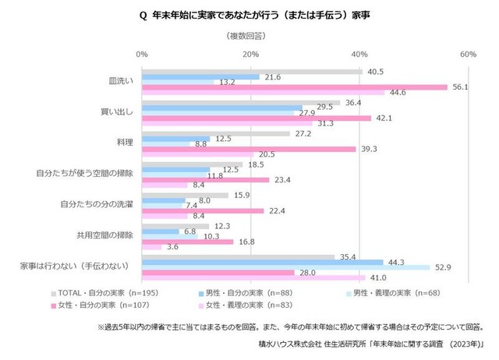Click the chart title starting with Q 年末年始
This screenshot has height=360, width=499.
[249, 14]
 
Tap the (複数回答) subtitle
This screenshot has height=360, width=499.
[249, 37]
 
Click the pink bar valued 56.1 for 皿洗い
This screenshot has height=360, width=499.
[294, 87]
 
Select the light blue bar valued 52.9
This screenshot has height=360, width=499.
[285, 267]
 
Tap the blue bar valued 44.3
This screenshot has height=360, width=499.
[262, 261]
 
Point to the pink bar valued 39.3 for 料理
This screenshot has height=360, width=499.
[249, 149]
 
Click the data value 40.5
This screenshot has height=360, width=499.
[374, 72]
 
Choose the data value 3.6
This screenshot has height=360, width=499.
[173, 247]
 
